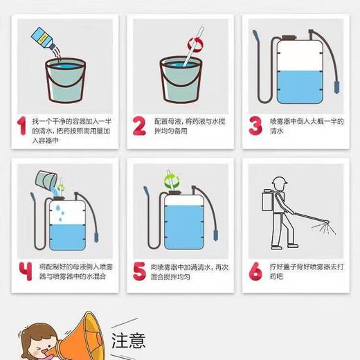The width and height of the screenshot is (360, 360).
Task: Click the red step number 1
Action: pyautogui.click(x=22, y=126)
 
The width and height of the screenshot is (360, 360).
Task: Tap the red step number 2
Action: pyautogui.click(x=139, y=126)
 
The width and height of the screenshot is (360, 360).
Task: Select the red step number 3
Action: pyautogui.click(x=255, y=126)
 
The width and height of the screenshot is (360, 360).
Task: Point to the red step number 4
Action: pyautogui.click(x=26, y=271)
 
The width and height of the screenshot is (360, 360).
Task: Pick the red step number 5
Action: pyautogui.click(x=139, y=271)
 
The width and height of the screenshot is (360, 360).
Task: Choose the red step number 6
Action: pyautogui.click(x=255, y=271)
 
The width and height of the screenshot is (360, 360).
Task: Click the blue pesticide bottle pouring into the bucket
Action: pyautogui.click(x=44, y=38)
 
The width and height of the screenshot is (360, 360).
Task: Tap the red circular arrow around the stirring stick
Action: pyautogui.click(x=196, y=44)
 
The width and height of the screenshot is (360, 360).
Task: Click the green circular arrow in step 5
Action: pyautogui.click(x=172, y=181)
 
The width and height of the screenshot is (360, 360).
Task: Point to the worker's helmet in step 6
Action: pyautogui.click(x=280, y=181)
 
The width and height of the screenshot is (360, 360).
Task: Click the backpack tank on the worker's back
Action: pyautogui.click(x=268, y=200)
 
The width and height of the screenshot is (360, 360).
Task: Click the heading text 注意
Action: pyautogui.click(x=129, y=340)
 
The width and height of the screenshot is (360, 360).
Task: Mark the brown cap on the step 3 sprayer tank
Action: pyautogui.click(x=289, y=37)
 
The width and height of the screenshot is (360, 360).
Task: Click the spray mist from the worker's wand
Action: pyautogui.click(x=324, y=228)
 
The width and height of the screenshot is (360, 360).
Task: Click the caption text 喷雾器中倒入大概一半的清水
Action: pyautogui.click(x=307, y=126)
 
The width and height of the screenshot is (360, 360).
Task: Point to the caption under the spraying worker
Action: pyautogui.click(x=307, y=271)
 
